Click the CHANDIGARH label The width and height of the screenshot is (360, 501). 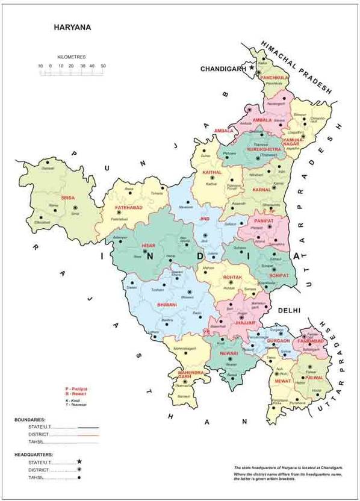(220, 69)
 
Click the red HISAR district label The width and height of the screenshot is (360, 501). (148, 246)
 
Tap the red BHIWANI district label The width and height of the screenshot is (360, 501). (166, 305)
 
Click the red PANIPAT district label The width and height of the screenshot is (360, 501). (264, 221)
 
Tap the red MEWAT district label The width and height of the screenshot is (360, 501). (284, 381)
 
